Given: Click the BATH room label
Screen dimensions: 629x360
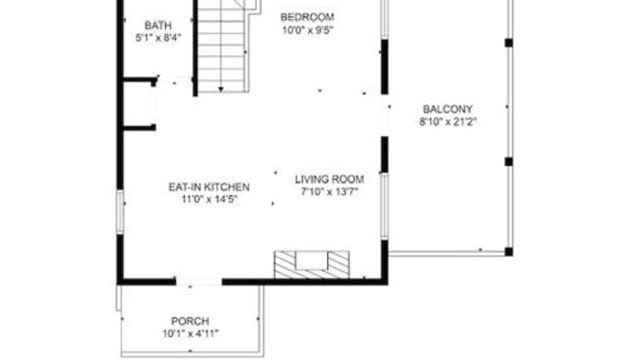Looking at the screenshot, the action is click(x=158, y=25).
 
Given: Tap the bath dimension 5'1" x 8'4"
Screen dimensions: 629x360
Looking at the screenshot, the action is click(x=159, y=38).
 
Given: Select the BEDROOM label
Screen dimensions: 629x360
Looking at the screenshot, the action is click(x=307, y=17).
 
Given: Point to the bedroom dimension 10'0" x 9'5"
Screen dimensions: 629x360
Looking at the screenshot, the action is click(x=308, y=30).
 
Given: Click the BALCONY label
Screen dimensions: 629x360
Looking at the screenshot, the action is click(x=447, y=109).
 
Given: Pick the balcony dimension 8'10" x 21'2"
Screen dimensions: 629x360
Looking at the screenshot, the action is click(x=448, y=122).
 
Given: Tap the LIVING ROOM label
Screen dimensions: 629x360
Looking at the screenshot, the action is click(x=329, y=179).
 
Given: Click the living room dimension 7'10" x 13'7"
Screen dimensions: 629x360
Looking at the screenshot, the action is click(x=329, y=192).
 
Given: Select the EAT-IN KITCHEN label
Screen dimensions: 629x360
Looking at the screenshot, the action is click(x=209, y=187).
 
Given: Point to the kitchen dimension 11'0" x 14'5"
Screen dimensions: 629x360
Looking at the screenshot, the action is click(x=210, y=199).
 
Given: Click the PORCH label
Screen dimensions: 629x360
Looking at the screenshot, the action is click(x=190, y=321).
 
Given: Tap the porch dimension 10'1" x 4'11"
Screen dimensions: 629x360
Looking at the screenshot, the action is click(x=190, y=333).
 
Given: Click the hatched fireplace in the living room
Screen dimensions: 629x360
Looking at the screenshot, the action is click(x=311, y=265).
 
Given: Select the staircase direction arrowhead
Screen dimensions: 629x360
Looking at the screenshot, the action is click(x=221, y=89).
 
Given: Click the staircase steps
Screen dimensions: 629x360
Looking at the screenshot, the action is click(x=221, y=46).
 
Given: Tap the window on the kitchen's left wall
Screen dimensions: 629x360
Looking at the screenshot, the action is click(x=120, y=211).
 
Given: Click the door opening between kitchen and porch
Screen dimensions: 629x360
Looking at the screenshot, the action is click(x=199, y=282).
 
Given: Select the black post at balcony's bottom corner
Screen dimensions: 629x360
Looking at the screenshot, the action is click(x=509, y=252).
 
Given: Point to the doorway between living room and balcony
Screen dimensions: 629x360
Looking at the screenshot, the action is click(x=384, y=116).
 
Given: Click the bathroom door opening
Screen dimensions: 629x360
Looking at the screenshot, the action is click(x=174, y=80).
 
